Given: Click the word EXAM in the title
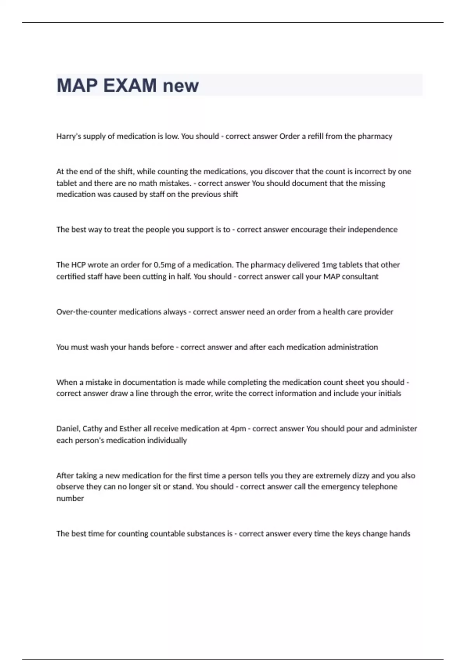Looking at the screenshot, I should [x=130, y=85].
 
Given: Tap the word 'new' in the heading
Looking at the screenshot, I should [x=181, y=86].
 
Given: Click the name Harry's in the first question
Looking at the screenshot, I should [x=67, y=136].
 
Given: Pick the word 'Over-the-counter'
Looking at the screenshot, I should [x=87, y=312].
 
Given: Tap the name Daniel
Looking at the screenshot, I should [x=68, y=429].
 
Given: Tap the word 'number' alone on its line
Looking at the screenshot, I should [x=70, y=498].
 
